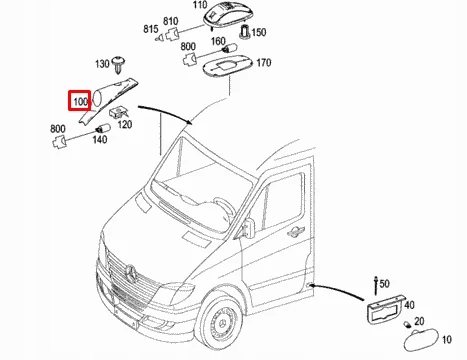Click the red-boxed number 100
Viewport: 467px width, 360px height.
point(80,101)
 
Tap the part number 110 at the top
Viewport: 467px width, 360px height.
point(200,5)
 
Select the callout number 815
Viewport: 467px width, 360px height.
point(151,29)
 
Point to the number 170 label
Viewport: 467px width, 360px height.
point(264,63)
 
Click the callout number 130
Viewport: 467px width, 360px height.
point(102,64)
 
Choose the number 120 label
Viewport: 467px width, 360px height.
point(125,124)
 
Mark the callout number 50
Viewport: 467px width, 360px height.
point(384,284)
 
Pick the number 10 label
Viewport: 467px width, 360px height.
point(447,339)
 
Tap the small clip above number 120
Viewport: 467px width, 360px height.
point(118,112)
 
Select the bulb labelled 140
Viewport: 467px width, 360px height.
point(103,128)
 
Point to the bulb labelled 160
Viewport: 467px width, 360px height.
point(230,49)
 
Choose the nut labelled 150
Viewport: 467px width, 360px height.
point(245,32)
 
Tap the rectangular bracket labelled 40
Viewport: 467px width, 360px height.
point(386,309)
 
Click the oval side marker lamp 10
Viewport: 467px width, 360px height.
point(421,339)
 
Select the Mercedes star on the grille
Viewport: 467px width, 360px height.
point(131,273)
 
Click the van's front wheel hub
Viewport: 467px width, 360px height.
point(223,321)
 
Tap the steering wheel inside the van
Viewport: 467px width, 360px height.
point(224,206)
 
